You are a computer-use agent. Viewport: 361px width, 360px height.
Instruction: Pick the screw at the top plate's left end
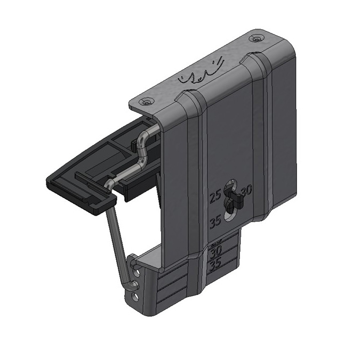coord(146,101)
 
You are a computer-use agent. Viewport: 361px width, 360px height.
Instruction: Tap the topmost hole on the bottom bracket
coord(140,271)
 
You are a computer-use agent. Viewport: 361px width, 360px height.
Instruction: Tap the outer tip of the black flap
coord(56,184)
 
